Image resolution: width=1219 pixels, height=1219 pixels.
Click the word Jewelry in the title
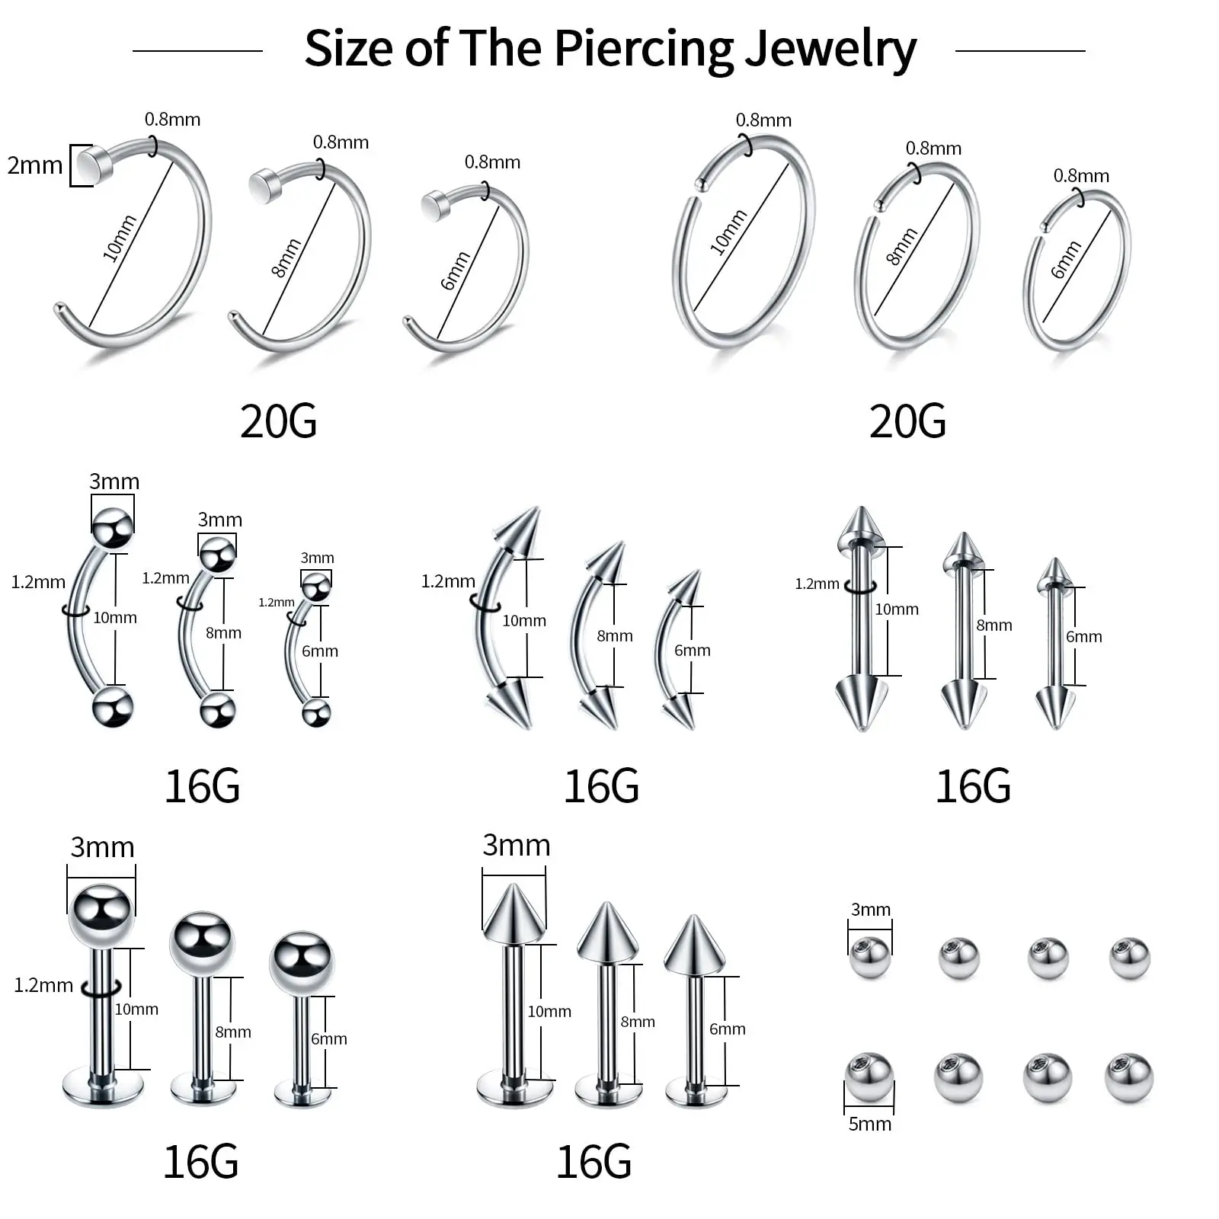click(x=830, y=49)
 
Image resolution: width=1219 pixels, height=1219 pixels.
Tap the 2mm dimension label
click(x=34, y=165)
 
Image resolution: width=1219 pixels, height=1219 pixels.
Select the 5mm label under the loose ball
click(x=869, y=1123)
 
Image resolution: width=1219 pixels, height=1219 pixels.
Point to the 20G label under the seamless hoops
click(x=907, y=421)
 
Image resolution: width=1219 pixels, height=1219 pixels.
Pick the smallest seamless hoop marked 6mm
click(x=1077, y=270)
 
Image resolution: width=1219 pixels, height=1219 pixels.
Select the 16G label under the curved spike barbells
click(x=601, y=786)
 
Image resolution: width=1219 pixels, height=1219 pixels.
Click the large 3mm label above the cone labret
click(x=516, y=845)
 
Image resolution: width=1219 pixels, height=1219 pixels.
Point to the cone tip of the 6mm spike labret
click(x=693, y=945)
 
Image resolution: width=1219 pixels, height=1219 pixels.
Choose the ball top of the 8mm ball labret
click(x=202, y=943)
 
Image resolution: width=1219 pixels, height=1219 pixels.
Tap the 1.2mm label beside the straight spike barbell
click(x=817, y=584)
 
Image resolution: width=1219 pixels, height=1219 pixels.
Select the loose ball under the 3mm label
click(x=869, y=958)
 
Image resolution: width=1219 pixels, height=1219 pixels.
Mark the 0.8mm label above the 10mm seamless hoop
click(x=763, y=120)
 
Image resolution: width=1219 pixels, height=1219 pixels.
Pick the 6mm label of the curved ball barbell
click(x=319, y=651)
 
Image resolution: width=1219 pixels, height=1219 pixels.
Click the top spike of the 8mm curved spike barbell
click(x=606, y=562)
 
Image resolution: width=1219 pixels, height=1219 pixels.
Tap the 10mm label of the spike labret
click(x=549, y=1011)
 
